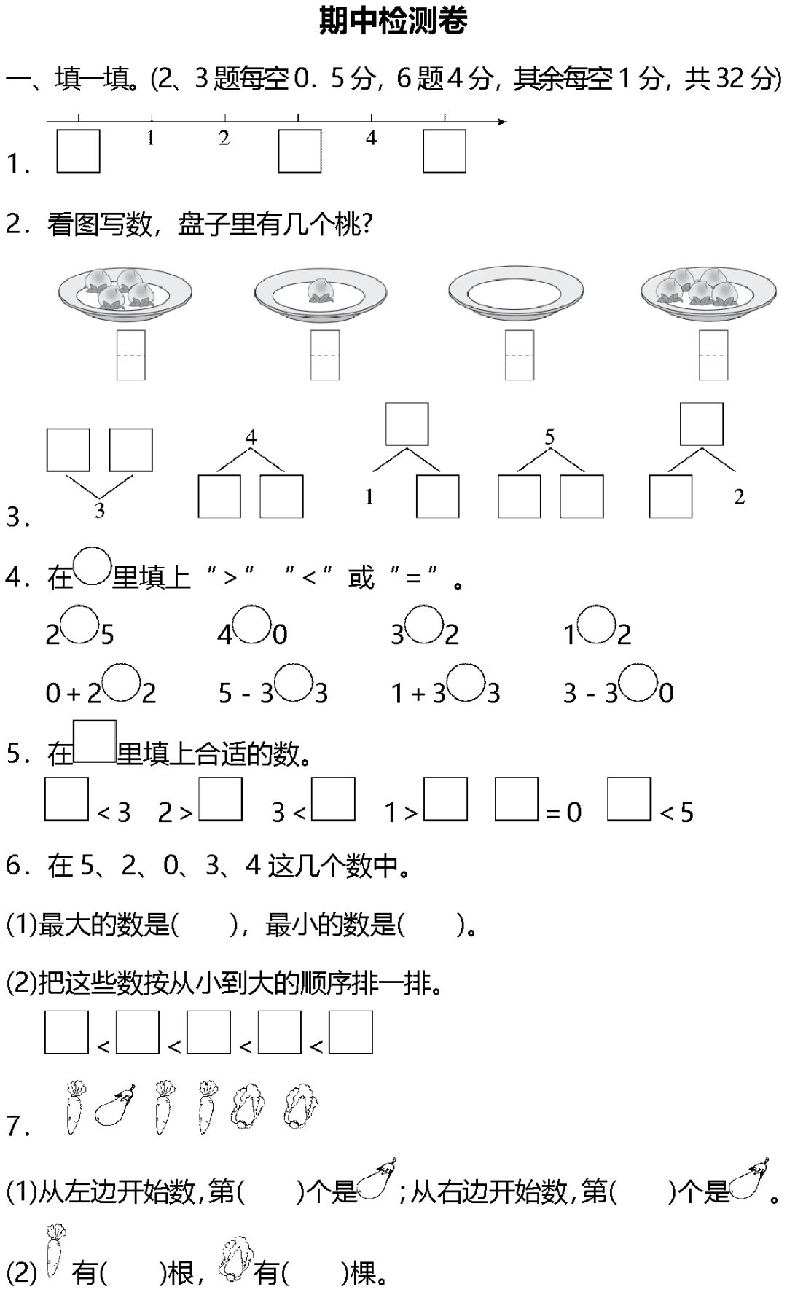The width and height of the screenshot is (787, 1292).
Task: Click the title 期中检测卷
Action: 393,21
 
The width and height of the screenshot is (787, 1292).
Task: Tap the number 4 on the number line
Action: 372,138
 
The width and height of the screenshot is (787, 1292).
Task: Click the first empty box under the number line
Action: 78,152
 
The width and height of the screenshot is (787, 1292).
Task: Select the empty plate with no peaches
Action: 516,293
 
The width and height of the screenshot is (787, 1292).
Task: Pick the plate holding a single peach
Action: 321,293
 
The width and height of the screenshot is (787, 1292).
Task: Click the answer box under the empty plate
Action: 519,355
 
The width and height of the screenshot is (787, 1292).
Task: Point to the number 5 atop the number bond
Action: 549,437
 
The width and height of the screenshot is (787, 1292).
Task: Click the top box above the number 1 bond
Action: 407,423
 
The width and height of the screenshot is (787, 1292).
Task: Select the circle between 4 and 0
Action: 252,625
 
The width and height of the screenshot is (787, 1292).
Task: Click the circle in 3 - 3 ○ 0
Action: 639,683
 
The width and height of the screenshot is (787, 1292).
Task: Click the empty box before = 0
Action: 517,799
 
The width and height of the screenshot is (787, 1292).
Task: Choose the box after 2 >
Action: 221,799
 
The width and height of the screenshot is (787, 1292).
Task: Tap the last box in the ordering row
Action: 351,1032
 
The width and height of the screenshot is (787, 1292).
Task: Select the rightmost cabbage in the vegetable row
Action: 299,1107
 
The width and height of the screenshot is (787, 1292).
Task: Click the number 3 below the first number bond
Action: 100,511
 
